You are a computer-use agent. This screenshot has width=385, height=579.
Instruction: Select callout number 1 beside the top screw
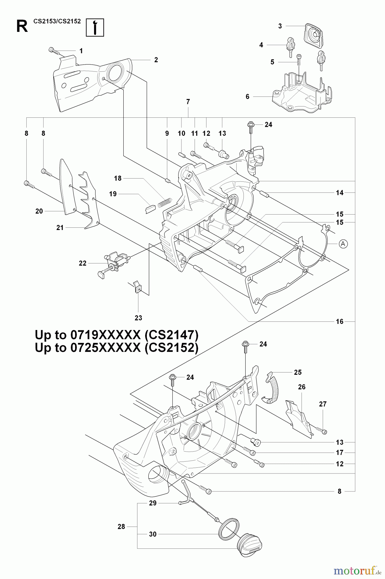81,51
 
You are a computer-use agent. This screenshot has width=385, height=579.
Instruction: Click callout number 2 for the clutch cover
156,60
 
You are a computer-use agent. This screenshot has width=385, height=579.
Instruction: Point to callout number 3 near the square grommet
280,26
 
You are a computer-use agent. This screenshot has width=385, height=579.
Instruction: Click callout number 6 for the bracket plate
247,96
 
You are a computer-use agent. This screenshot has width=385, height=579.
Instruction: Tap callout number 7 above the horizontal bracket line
188,102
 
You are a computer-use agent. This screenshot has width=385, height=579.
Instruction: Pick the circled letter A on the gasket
343,244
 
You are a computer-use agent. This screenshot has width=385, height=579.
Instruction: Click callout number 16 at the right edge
339,321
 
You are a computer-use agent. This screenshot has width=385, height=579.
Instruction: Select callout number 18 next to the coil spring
118,178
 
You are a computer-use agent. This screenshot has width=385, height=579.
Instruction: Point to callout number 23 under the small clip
138,318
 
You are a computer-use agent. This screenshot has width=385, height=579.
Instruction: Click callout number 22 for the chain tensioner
83,263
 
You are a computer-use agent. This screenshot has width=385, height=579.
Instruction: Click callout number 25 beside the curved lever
298,372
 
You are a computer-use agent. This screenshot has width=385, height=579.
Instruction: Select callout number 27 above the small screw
322,404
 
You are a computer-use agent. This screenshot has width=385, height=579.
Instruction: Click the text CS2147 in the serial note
171,335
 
